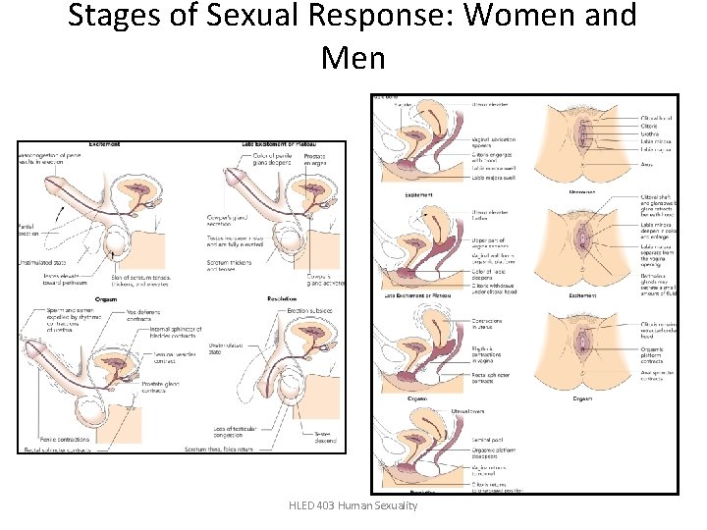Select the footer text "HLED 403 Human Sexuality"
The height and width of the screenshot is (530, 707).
click(x=353, y=504)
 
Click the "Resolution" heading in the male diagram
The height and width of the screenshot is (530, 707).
click(x=285, y=298)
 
